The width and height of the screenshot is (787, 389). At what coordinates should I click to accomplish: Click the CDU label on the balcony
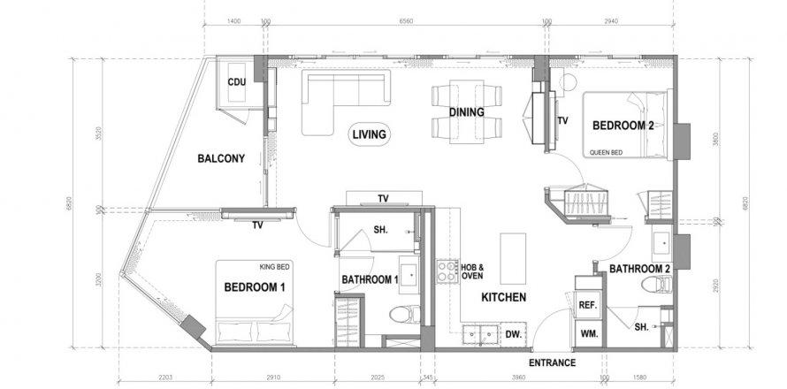pos(236,82)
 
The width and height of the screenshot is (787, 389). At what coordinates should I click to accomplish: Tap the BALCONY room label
pos(220,159)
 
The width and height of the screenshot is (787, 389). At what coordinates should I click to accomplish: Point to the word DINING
pos(466,112)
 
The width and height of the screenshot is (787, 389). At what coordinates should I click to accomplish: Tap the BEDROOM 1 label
pos(255,287)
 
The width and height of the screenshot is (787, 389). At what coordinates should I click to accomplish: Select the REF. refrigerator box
pos(588,304)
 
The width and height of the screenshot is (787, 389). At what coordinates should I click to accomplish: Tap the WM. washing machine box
pos(588,333)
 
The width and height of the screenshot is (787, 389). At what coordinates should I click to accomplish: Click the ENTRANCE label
pos(552,363)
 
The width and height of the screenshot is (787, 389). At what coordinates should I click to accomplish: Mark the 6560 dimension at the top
pos(406,19)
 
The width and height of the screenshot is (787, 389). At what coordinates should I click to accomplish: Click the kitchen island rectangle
pos(513,257)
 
